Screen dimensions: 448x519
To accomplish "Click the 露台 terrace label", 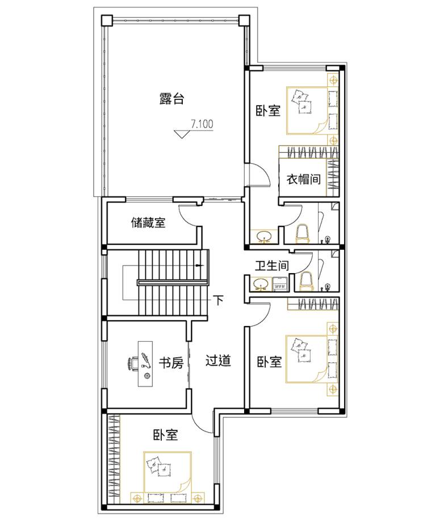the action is (x=171, y=99).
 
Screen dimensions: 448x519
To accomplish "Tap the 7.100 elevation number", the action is (x=202, y=124).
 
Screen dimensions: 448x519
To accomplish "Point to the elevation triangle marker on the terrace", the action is (x=182, y=134).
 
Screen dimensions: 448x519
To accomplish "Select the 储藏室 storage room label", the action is (x=148, y=223).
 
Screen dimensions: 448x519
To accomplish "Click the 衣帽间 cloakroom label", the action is (x=303, y=179).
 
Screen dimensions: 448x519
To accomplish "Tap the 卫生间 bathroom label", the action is (x=271, y=265).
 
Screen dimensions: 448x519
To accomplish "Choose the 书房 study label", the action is (x=171, y=363).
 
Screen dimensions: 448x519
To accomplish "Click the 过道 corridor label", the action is (x=218, y=361).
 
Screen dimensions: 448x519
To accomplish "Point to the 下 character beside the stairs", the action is (x=218, y=300).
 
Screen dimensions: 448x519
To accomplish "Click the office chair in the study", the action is (x=133, y=363).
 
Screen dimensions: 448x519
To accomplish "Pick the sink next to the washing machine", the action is (x=261, y=284).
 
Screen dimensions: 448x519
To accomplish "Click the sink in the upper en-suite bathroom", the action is (x=264, y=237).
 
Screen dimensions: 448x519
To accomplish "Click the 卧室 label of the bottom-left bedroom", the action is (x=165, y=434).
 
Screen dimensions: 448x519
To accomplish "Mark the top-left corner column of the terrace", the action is (x=107, y=20).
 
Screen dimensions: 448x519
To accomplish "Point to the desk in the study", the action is (x=145, y=364).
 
